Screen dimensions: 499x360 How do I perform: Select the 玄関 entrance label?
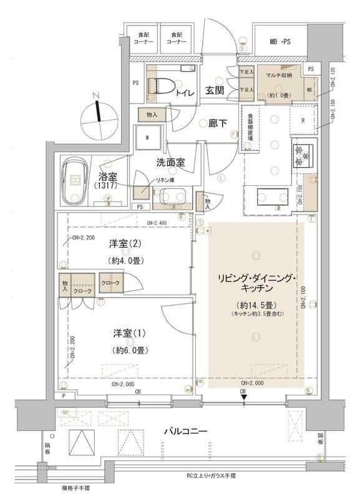coord(215,91)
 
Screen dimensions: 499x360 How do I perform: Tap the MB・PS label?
coord(281,41)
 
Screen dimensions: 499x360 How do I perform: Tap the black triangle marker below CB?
coord(244,398)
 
